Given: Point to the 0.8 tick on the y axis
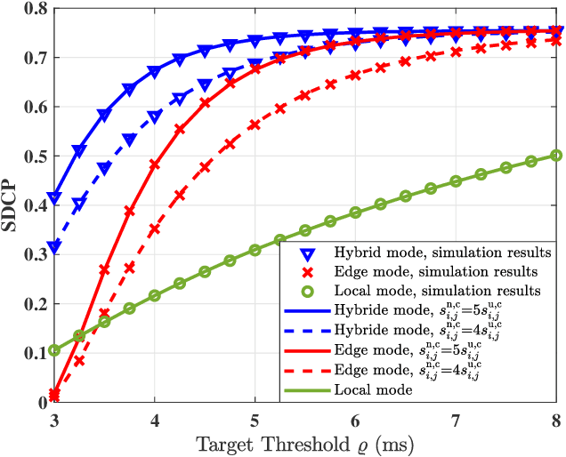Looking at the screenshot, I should (36, 9).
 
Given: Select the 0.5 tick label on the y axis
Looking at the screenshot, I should (36, 156).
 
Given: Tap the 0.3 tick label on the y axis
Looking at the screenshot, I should (36, 255).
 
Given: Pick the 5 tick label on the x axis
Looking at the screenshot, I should (255, 418).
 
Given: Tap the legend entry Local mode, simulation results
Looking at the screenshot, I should (418, 290).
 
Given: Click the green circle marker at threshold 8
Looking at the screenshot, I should (556, 155).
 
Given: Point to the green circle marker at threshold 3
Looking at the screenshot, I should (54, 350).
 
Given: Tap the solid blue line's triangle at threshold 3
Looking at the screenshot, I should (54, 197).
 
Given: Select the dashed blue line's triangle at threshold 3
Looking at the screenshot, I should (54, 247).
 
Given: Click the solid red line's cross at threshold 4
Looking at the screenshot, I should (155, 164).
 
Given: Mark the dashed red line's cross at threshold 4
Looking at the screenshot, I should (155, 228).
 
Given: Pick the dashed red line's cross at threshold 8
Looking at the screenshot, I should (556, 40).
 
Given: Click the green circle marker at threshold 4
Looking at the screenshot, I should (155, 295).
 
